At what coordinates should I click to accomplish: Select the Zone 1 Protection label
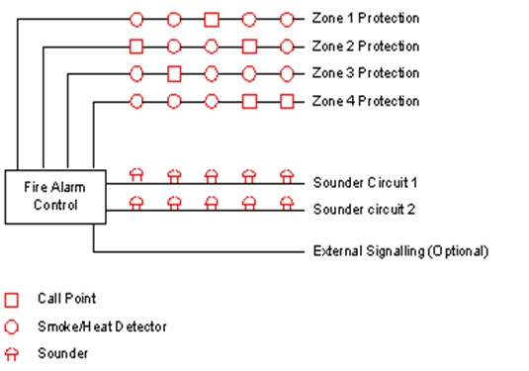coord(365,19)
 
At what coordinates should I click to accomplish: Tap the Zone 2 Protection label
coord(365,46)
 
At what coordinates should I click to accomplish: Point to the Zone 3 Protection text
coord(365,73)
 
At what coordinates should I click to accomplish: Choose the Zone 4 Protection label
coord(365,101)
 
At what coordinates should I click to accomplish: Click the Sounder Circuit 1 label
coord(366,183)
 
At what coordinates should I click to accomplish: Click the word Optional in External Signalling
coord(455,250)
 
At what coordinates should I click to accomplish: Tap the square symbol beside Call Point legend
coord(12,299)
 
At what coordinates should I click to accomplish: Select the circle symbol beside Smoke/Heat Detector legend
coord(12,325)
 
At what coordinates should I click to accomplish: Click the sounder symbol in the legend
coord(12,352)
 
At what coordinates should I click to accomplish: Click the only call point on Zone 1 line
coord(212,19)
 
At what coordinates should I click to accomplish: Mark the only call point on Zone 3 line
coord(174,73)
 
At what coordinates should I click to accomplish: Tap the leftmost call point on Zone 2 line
coord(136,46)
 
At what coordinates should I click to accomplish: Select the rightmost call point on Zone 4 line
coord(287,101)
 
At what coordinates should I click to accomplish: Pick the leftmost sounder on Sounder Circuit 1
coord(136,175)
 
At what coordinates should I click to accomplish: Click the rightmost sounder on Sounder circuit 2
coord(287,202)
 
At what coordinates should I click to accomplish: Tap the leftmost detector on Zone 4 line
coord(136,101)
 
